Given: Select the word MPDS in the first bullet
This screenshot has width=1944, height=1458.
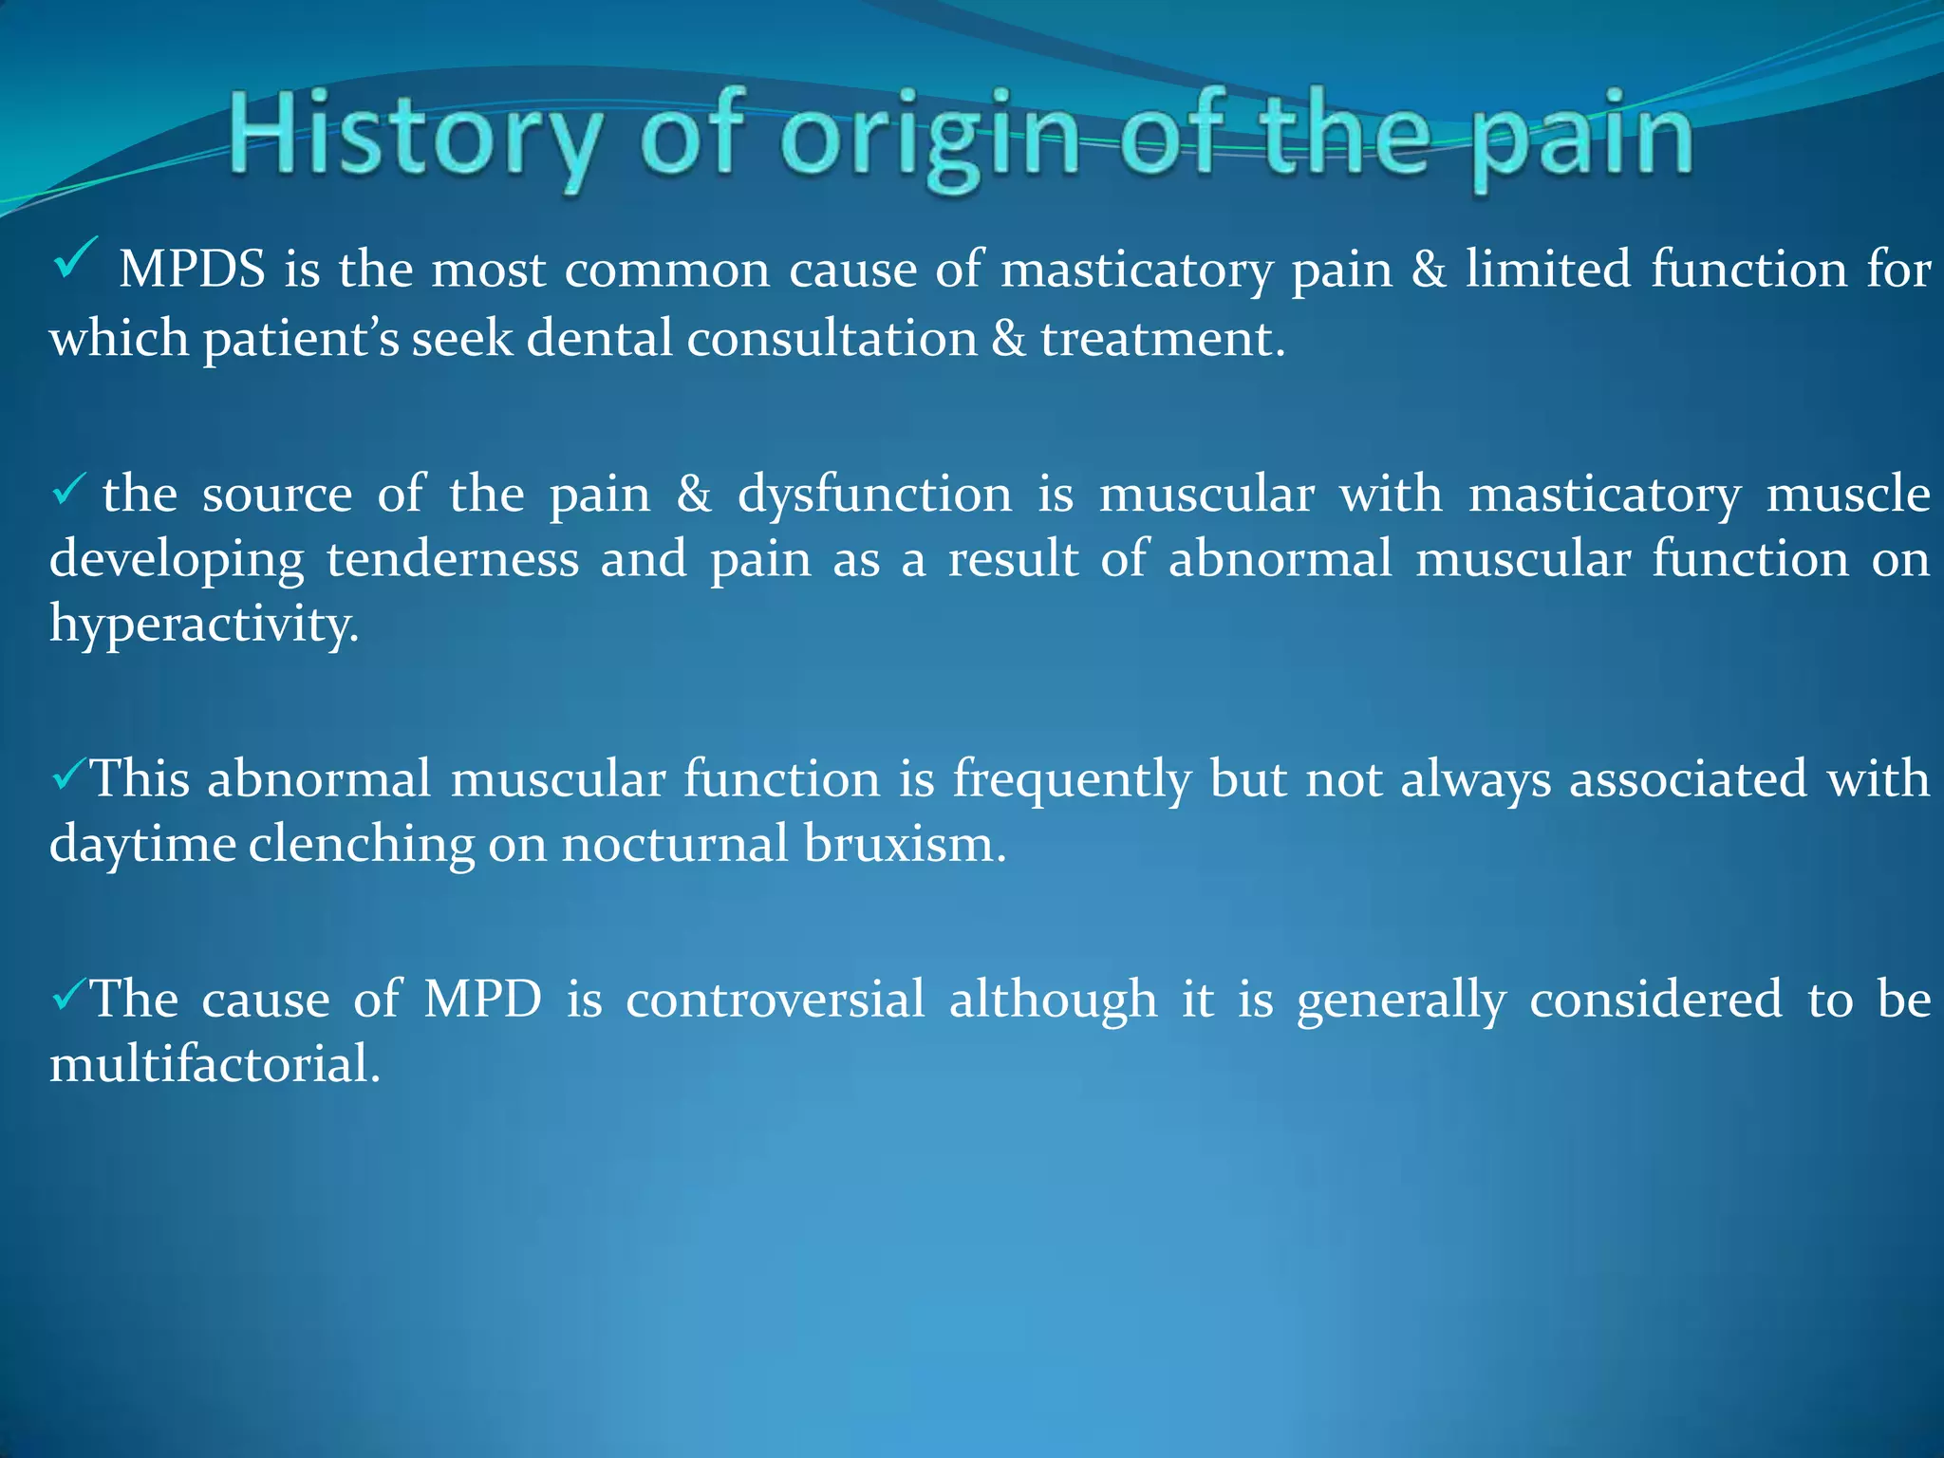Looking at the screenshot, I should [x=192, y=270].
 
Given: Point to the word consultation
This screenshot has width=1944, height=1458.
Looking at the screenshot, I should [x=832, y=339].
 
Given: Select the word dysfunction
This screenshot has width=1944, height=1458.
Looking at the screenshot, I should [x=875, y=495].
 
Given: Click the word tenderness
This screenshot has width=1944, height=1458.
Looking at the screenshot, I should [x=453, y=559].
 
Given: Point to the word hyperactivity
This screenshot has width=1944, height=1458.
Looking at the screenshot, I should [x=204, y=626].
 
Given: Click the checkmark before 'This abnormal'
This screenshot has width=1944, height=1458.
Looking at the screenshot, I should [x=68, y=776].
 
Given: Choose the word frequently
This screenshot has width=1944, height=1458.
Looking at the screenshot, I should [x=1072, y=780].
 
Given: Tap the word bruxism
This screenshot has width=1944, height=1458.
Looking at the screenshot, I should [x=905, y=844].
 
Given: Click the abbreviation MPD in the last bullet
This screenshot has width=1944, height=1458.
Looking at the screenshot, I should [x=482, y=1000].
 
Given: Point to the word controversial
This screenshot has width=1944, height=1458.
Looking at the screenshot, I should [x=775, y=1000].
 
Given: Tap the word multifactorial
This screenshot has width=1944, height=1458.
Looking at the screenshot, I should [x=215, y=1064].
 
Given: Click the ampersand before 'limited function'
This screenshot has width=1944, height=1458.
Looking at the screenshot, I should [x=1429, y=270].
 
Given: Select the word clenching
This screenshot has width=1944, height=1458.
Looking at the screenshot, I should [x=362, y=844].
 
